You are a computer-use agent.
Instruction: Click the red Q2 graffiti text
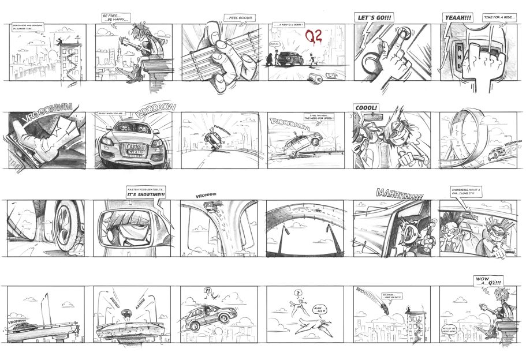pyautogui.click(x=314, y=36)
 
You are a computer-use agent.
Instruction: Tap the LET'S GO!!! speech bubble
pyautogui.click(x=375, y=18)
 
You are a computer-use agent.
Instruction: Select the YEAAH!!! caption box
pyautogui.click(x=458, y=18)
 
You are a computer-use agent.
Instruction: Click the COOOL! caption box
pyautogui.click(x=367, y=107)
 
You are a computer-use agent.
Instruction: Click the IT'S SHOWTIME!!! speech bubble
pyautogui.click(x=146, y=193)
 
